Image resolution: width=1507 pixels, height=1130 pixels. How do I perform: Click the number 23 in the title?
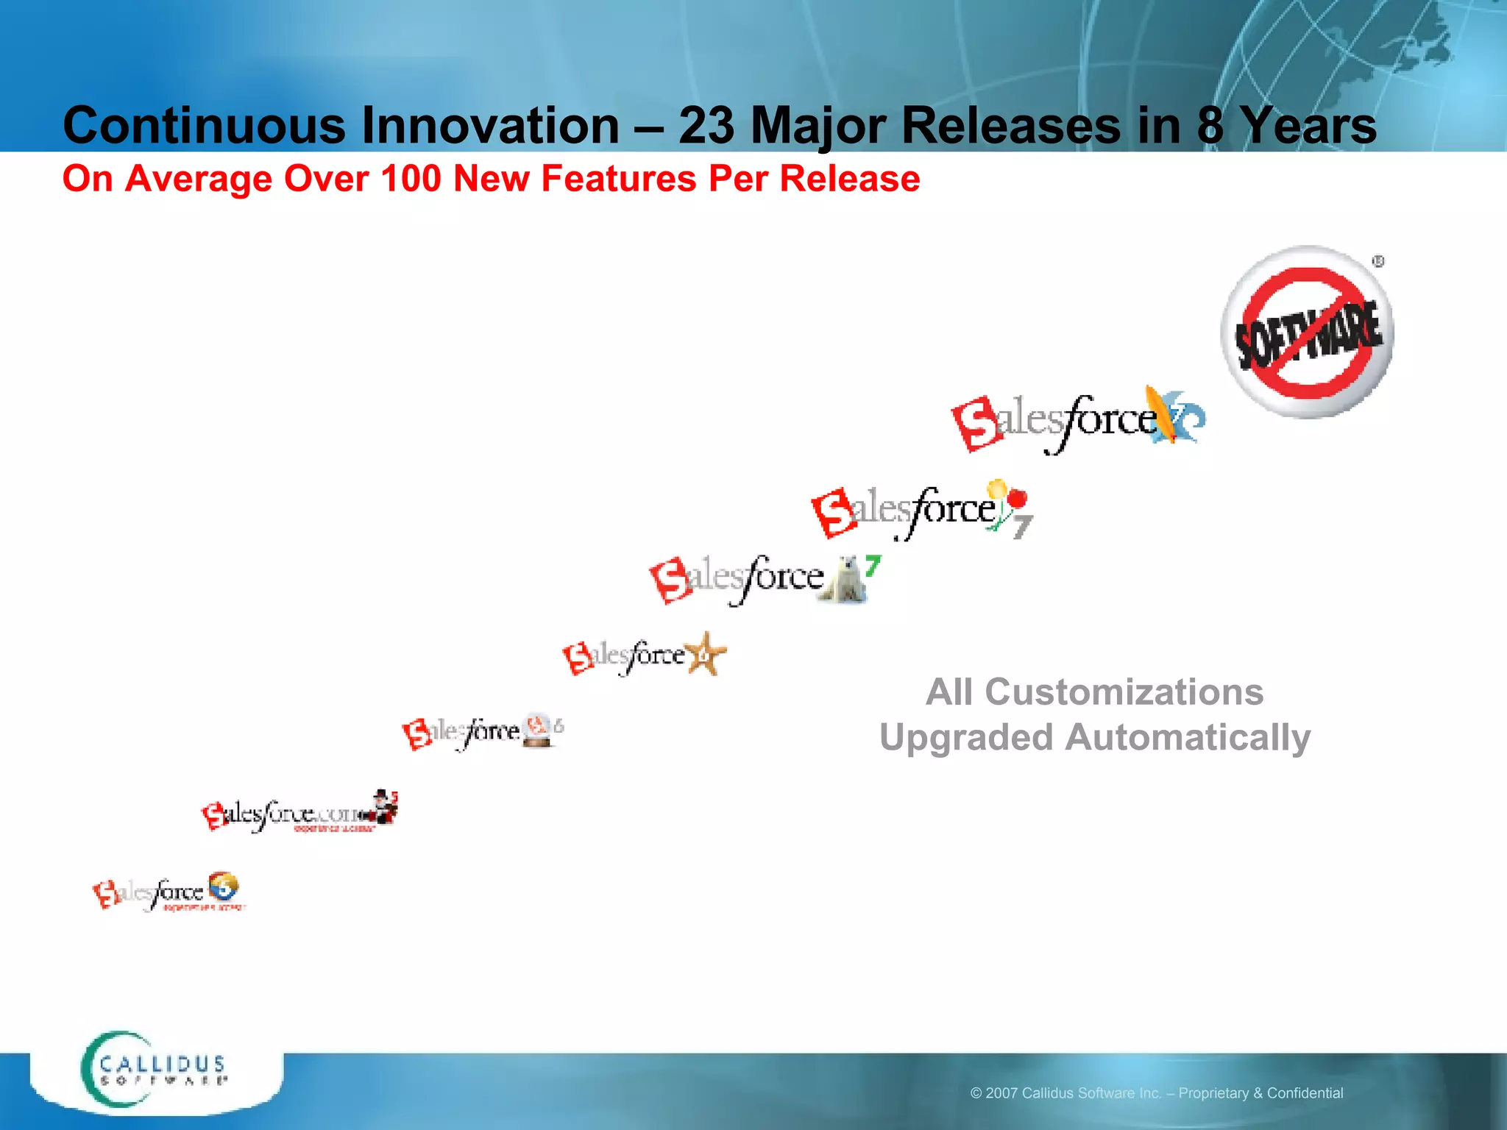pos(706,126)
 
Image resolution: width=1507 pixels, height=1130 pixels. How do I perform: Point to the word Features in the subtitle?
pos(618,179)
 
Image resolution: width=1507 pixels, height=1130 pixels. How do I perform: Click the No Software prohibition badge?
pos(1307,333)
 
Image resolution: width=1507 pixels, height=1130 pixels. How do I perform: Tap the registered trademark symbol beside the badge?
pos(1377,262)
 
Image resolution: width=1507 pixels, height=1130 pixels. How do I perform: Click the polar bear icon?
pos(846,581)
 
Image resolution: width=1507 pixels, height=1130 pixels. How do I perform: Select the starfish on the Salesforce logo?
pos(705,654)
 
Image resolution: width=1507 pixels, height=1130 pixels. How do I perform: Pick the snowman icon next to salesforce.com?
pos(383,807)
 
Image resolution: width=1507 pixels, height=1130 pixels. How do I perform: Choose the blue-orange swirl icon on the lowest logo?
pos(222,886)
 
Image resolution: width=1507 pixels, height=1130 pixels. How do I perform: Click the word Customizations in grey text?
pos(1124,692)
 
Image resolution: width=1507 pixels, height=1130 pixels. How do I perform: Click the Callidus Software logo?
pos(155,1070)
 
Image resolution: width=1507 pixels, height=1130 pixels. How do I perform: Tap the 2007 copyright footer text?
pos(1156,1093)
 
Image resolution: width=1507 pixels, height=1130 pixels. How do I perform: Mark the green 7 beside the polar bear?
pos(873,565)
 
